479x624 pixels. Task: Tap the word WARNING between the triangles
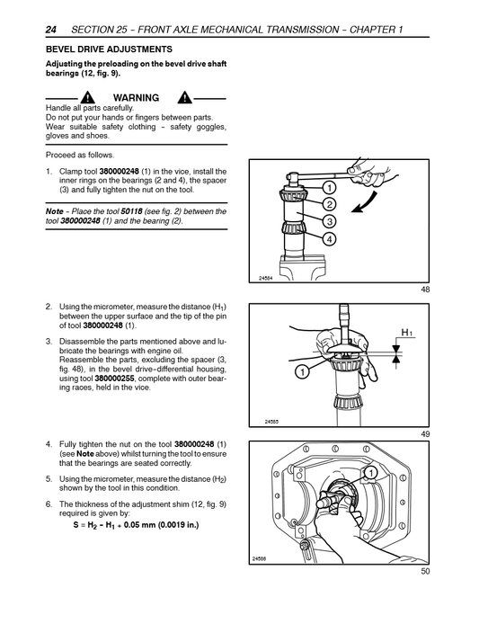pyautogui.click(x=136, y=97)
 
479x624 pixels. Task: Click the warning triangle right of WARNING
pyautogui.click(x=184, y=97)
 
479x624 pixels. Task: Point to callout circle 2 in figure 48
pyautogui.click(x=329, y=204)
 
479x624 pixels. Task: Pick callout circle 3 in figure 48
pyautogui.click(x=329, y=221)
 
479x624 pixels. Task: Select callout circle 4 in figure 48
pyautogui.click(x=329, y=238)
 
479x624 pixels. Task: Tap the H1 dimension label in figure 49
pyautogui.click(x=406, y=332)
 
